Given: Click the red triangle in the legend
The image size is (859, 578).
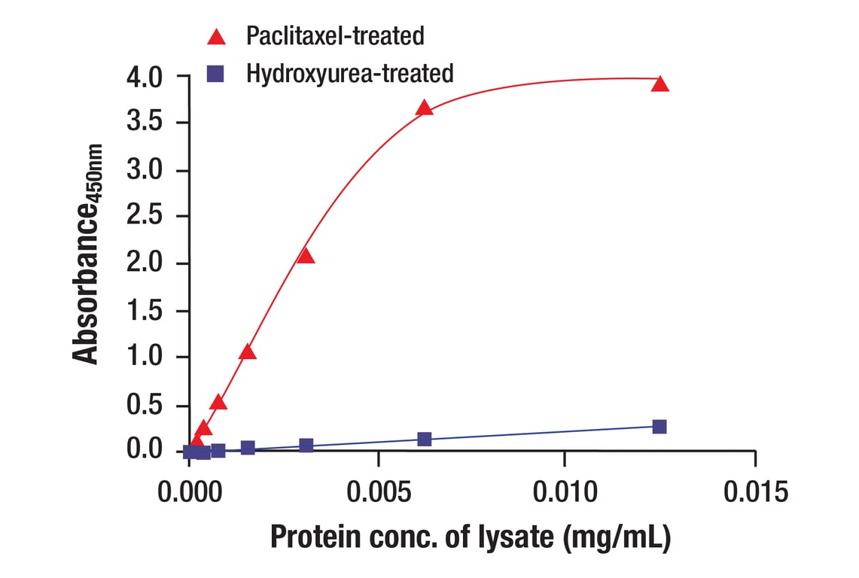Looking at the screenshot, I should tap(218, 35).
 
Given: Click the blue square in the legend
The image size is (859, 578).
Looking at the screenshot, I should tap(218, 73).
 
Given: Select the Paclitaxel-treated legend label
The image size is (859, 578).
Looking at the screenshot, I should tap(335, 35).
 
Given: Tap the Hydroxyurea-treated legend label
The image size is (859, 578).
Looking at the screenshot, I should tap(349, 73).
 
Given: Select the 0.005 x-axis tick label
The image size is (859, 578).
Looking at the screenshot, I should tap(377, 492).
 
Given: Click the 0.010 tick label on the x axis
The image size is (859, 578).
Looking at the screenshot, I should tap(565, 492).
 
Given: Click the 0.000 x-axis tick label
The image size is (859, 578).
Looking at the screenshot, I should tap(189, 492).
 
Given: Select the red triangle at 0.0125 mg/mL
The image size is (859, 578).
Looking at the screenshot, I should tap(660, 84).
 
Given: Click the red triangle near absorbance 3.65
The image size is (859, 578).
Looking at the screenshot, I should tap(425, 108).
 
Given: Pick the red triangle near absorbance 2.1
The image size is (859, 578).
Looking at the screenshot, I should tap(306, 256).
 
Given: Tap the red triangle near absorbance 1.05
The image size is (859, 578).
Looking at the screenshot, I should tap(247, 352).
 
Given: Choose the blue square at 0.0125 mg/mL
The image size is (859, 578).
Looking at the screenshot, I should tap(659, 427).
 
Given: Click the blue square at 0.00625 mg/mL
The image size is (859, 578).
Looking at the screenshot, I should tap(424, 439).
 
